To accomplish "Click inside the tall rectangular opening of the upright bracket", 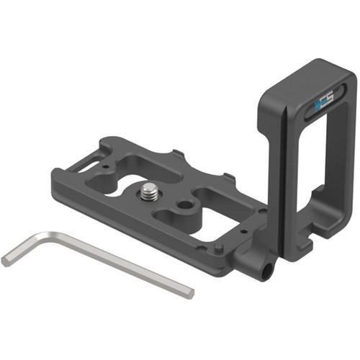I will click(x=331, y=173).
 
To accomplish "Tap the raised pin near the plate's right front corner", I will click(x=218, y=248).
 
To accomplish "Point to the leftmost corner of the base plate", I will click(x=54, y=173).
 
